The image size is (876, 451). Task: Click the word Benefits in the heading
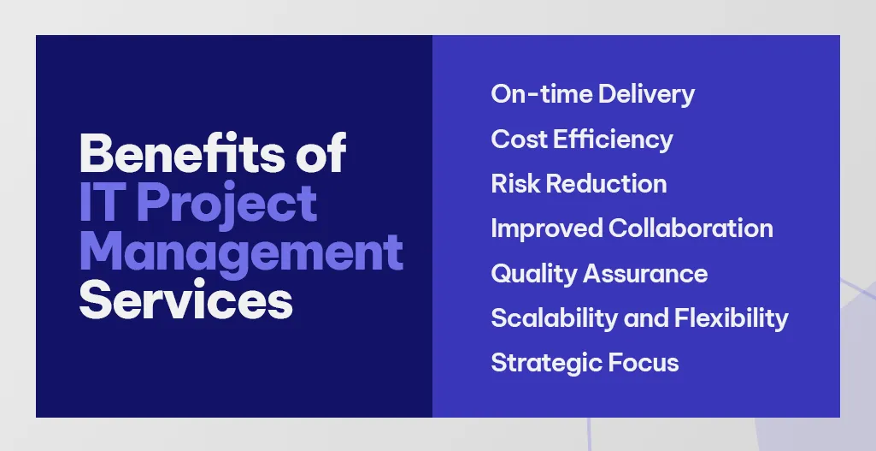pos(176,155)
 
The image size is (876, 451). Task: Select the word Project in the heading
pos(226,205)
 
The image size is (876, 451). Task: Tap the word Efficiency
pos(614,139)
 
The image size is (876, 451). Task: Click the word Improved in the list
pos(546,228)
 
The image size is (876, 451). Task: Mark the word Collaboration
pos(691,228)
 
